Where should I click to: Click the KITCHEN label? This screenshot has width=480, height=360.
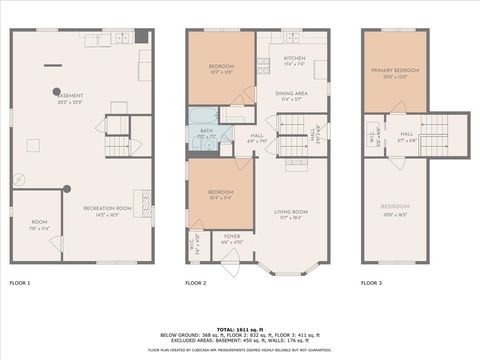(x=294, y=59)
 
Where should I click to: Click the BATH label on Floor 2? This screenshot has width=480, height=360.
(x=206, y=131)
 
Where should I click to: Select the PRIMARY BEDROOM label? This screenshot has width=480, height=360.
(x=395, y=71)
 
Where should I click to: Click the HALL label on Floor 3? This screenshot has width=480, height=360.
(x=407, y=134)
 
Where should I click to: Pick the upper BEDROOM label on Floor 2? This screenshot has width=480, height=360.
(x=222, y=66)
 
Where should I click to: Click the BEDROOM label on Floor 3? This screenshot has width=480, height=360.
(x=395, y=207)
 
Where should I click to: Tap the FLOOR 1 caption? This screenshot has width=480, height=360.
(x=21, y=284)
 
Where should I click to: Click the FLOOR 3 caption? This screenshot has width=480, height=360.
(x=373, y=284)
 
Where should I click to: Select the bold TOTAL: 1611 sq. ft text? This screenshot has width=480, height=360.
(x=240, y=328)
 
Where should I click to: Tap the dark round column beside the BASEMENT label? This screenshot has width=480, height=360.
(x=57, y=90)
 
